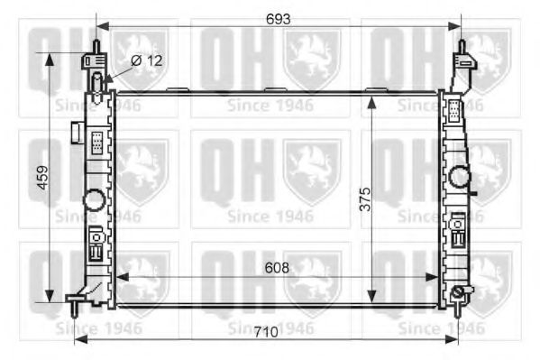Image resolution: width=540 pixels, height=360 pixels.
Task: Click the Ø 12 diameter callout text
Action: [x=147, y=60]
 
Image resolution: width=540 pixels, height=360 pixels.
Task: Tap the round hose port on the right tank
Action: [x=461, y=177]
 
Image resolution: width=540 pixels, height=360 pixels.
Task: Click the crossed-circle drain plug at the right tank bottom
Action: [x=460, y=292]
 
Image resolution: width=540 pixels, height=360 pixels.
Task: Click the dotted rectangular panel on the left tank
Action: [x=95, y=143]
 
